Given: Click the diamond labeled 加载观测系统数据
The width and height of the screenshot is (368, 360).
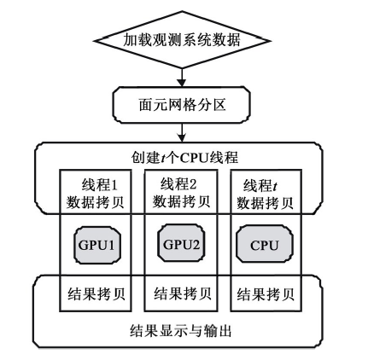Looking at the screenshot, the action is coord(182,40).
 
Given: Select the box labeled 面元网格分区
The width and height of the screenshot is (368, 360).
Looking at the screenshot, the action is coord(182,105).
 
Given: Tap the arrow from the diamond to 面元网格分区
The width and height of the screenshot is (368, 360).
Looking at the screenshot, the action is coord(182,78).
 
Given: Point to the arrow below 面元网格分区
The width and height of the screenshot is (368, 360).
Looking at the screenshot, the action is coord(182,132).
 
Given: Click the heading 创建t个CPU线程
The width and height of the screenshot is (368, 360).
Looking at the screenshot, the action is coord(184,158).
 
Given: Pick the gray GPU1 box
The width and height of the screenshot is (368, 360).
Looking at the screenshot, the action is coord(97,245).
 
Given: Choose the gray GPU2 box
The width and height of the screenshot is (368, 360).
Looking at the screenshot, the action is coord(181,243).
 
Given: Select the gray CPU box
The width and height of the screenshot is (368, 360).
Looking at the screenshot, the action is coord(265,244).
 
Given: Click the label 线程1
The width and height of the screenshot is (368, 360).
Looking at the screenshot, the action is coord(99,185).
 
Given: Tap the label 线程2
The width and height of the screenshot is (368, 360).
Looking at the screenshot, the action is coord(178,184).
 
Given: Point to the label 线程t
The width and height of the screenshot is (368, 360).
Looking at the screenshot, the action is coord(260,186).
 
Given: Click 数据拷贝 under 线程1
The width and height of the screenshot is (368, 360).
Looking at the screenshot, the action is coord(96,202).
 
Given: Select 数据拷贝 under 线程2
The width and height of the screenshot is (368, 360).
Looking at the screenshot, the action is coord(181,202).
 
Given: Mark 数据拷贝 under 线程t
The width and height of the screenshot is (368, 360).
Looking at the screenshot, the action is coord(265,203).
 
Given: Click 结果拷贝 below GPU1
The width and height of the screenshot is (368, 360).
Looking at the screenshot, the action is coord(96,293).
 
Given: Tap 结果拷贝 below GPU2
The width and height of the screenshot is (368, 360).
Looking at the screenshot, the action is coord(183,293).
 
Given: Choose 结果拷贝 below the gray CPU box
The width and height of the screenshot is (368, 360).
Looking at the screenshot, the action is coord(266,294).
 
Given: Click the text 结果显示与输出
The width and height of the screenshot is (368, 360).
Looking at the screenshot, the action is coord(181,331).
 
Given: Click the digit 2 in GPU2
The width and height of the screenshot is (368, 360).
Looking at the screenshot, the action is coord(196,244).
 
